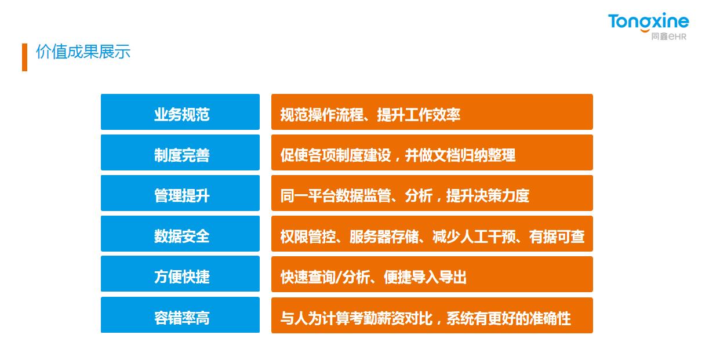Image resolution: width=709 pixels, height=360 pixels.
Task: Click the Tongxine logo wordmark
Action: (x=648, y=21)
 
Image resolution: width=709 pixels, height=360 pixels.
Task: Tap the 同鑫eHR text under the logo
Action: (x=668, y=37)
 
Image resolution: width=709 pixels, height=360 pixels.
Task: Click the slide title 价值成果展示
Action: (x=83, y=52)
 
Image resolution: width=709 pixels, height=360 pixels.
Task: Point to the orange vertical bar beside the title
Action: (x=25, y=57)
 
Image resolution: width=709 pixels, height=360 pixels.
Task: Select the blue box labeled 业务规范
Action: (x=180, y=112)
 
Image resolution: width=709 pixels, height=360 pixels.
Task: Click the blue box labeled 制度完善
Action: (x=180, y=152)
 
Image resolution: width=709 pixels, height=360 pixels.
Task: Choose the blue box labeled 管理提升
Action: (x=180, y=193)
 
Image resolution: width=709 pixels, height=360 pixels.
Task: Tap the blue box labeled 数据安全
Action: (x=180, y=234)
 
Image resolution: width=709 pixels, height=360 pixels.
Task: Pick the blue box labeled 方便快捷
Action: (x=180, y=274)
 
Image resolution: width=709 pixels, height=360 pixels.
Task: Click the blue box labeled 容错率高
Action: (x=180, y=315)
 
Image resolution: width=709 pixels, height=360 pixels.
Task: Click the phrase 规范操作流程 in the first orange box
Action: (x=322, y=115)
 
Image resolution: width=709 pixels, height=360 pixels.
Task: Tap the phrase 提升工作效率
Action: (x=419, y=115)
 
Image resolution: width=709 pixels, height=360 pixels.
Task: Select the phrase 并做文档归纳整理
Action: (x=460, y=155)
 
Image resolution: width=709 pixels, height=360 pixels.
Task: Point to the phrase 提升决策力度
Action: (x=488, y=196)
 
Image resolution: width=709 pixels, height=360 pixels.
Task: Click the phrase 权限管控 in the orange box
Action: (x=308, y=237)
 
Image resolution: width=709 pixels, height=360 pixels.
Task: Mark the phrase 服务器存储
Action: (x=384, y=237)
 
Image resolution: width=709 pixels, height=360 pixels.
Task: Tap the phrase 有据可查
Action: (x=557, y=237)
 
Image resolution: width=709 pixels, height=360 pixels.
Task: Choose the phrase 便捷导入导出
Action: (x=425, y=277)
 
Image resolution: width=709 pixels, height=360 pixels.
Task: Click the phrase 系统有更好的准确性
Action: (x=508, y=318)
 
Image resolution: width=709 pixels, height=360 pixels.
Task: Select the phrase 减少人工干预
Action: (x=474, y=237)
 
